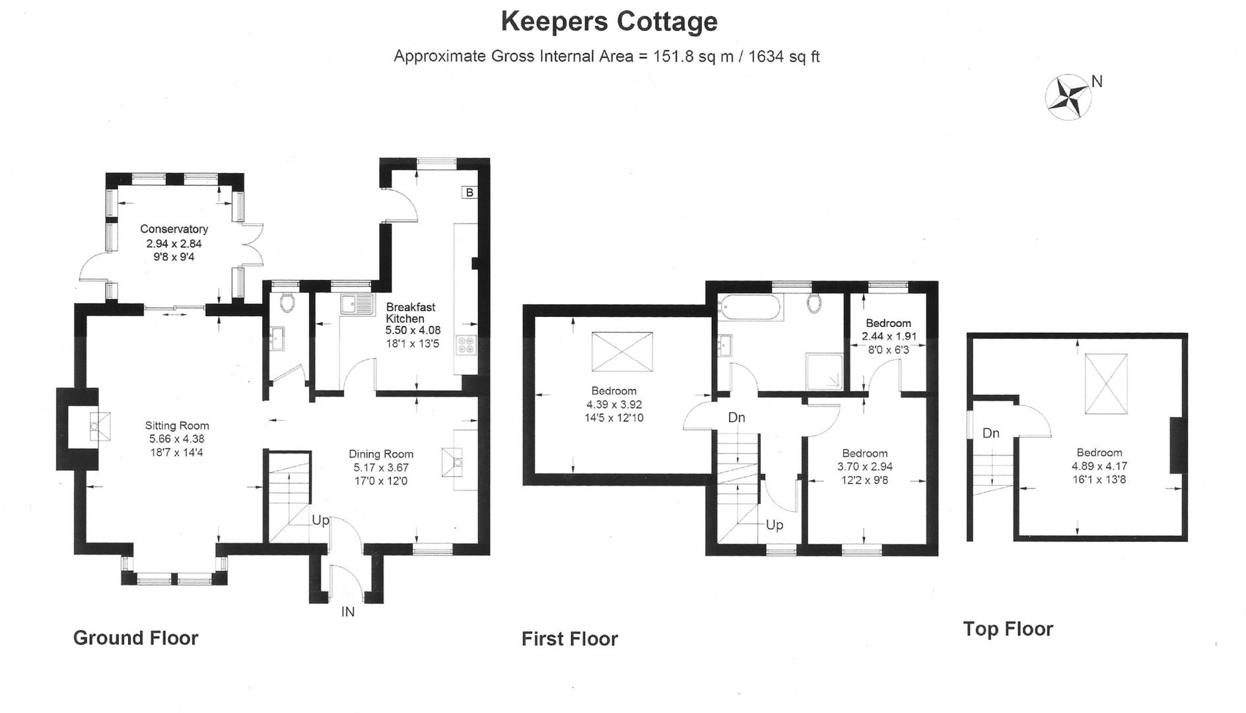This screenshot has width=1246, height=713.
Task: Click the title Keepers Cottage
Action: click(609, 21)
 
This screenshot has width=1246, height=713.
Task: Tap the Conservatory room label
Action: click(174, 229)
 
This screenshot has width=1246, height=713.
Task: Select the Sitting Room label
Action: click(177, 426)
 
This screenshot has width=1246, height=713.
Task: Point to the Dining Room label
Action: click(381, 454)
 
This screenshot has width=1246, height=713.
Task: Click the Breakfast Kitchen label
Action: click(411, 313)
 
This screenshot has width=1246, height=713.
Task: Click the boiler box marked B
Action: click(469, 193)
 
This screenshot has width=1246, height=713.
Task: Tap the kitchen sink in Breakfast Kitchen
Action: click(357, 304)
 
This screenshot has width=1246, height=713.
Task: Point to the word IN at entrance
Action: click(348, 612)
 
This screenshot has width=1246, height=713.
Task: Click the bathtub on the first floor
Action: click(751, 307)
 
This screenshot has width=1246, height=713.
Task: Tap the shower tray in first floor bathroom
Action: click(824, 372)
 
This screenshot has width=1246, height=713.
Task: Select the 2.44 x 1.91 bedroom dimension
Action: click(889, 336)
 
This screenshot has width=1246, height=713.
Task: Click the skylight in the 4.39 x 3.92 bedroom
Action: click(622, 352)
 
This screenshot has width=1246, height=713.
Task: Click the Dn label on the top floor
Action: click(990, 434)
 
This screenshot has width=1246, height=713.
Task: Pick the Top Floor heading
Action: click(1008, 629)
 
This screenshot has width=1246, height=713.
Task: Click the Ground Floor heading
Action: click(135, 638)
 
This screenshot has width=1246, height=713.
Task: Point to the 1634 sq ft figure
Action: click(784, 57)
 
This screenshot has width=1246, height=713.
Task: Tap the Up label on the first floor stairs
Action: click(775, 525)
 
